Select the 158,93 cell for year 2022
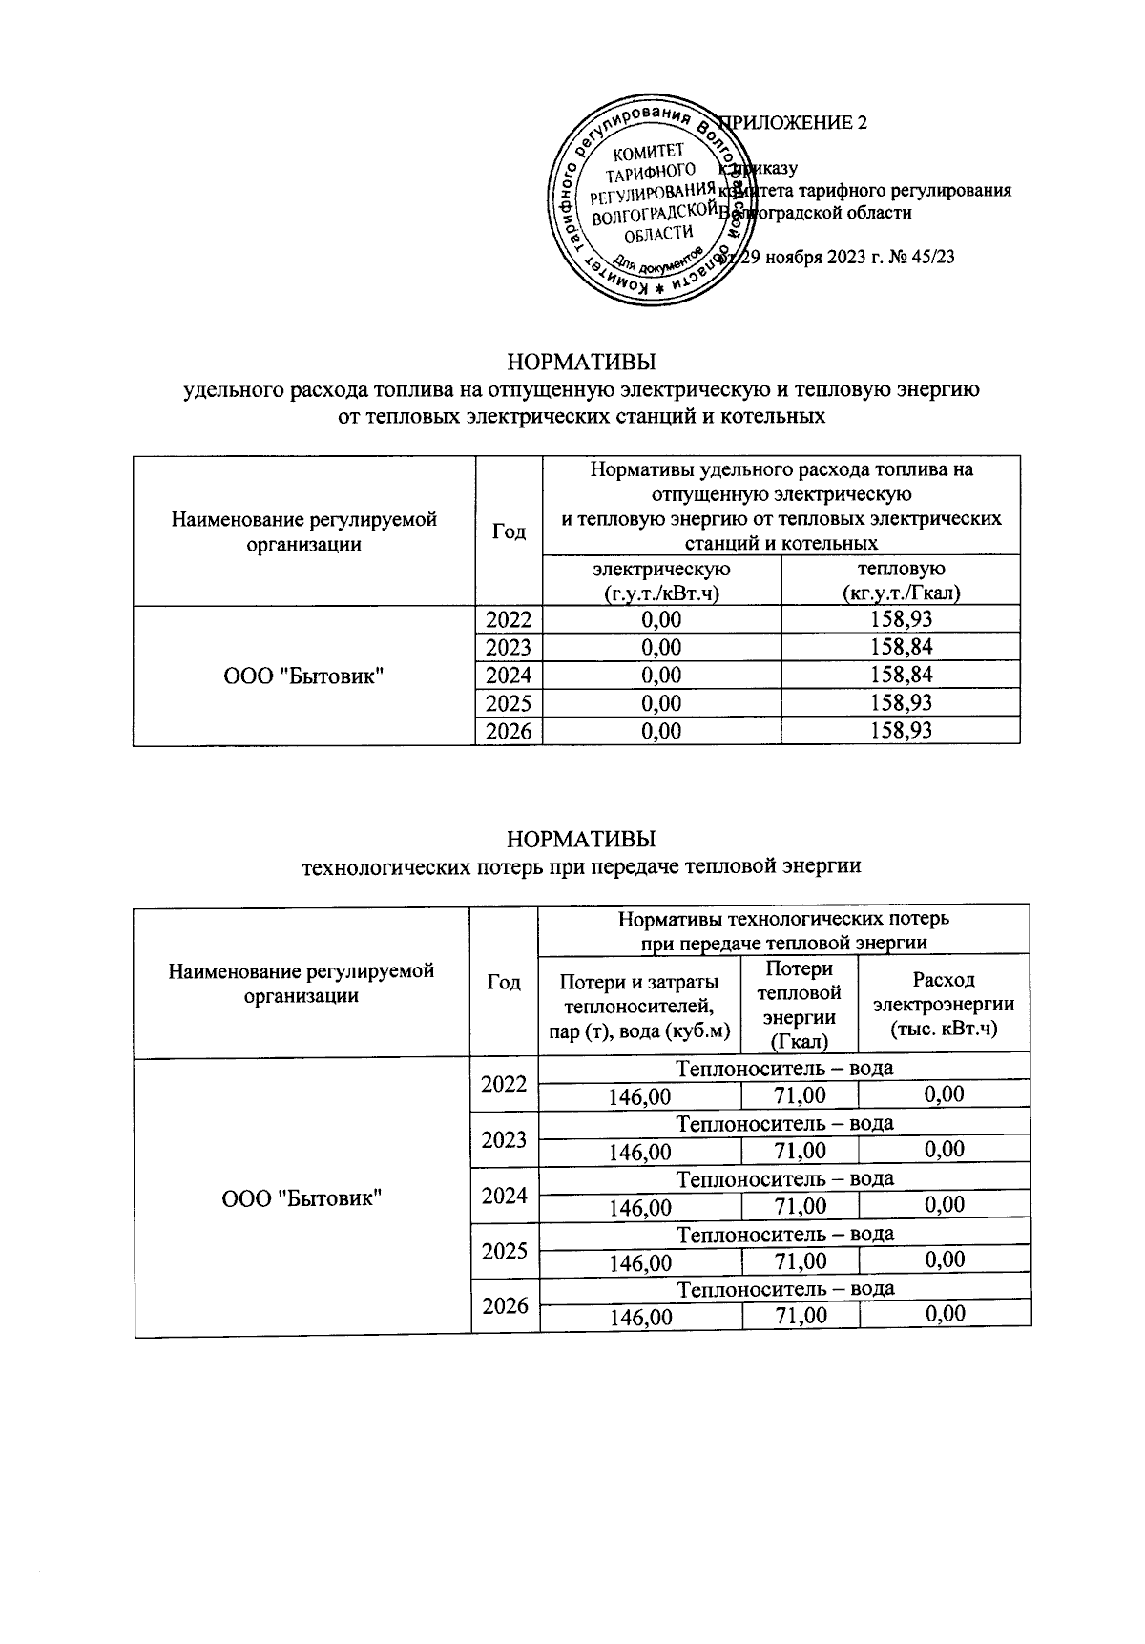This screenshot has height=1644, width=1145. (x=900, y=619)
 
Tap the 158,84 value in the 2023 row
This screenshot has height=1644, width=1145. (x=900, y=647)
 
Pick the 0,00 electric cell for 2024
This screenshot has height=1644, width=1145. (x=661, y=676)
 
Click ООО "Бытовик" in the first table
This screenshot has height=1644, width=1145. (x=303, y=676)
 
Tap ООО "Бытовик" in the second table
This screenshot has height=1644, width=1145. (x=302, y=1197)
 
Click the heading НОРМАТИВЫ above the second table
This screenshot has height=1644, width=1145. (x=581, y=839)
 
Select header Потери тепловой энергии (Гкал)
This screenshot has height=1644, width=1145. (x=800, y=1006)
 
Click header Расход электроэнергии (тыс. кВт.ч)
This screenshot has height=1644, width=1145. (x=944, y=1005)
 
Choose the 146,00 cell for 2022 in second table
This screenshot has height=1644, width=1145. (x=640, y=1096)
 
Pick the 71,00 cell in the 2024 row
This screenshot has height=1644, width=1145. (x=800, y=1207)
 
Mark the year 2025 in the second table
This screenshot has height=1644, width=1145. (x=504, y=1251)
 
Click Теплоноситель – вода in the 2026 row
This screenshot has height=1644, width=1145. (x=784, y=1289)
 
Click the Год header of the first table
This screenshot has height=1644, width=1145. (x=509, y=531)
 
